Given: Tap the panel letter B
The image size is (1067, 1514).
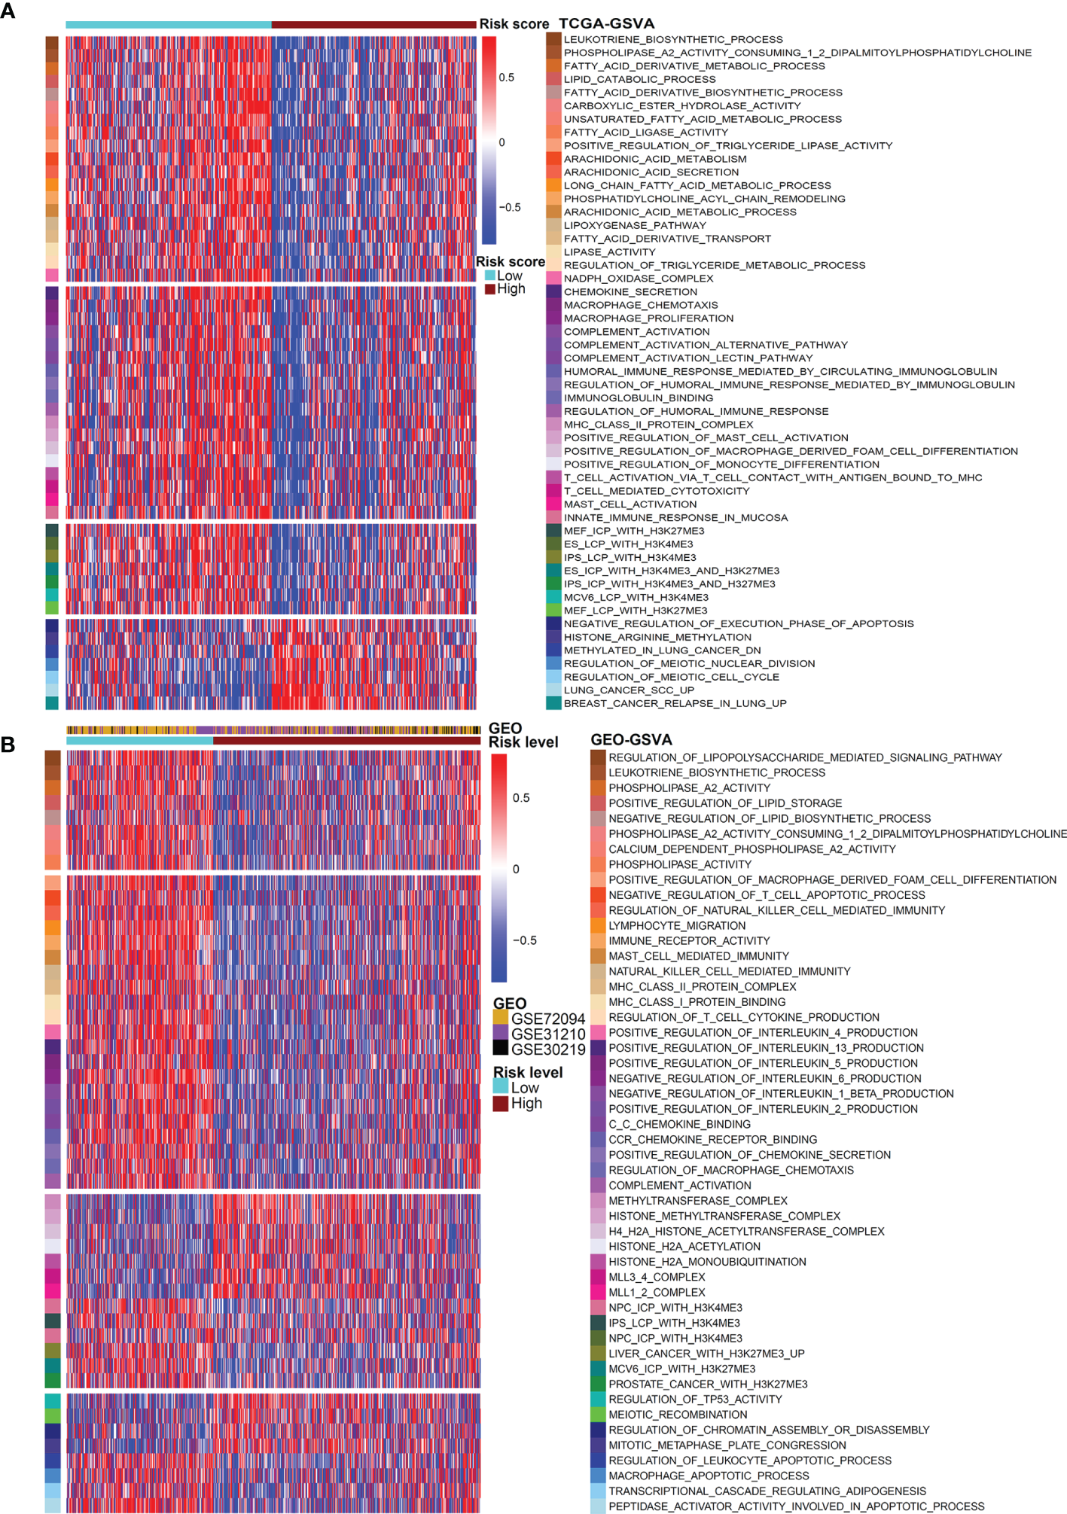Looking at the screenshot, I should [x=8, y=745].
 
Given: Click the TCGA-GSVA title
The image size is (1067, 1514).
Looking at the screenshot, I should [x=606, y=24].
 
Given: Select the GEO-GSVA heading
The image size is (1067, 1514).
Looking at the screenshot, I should [x=631, y=740].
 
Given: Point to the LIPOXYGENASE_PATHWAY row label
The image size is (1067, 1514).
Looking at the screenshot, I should [x=635, y=225].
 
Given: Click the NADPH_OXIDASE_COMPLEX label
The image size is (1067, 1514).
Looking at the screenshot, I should [x=639, y=279].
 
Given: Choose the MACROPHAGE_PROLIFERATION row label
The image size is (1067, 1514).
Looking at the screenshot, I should [x=648, y=318].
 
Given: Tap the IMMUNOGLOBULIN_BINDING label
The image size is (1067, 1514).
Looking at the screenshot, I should [x=639, y=398].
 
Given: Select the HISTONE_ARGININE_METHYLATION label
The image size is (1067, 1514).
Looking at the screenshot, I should [x=657, y=637].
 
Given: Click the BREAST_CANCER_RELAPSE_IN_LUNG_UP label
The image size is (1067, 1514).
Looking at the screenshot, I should [x=675, y=703].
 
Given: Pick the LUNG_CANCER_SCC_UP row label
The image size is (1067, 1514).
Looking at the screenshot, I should [x=629, y=690].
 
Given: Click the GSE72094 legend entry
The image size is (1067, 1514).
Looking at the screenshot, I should [x=547, y=1019].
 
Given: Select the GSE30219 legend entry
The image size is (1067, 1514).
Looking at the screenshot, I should [x=547, y=1049].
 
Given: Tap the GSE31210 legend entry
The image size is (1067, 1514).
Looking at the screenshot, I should [x=547, y=1034].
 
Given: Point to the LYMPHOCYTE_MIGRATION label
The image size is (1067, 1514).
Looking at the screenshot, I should [x=677, y=926].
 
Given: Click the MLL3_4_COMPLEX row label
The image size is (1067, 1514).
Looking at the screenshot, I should [x=657, y=1277].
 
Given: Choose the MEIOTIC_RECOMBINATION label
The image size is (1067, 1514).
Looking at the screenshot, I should [x=678, y=1415].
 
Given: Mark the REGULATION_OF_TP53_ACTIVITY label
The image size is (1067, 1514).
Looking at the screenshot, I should [x=695, y=1399].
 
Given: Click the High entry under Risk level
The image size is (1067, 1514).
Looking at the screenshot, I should [x=526, y=1103].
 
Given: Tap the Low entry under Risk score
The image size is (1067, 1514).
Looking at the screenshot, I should [x=509, y=276].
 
